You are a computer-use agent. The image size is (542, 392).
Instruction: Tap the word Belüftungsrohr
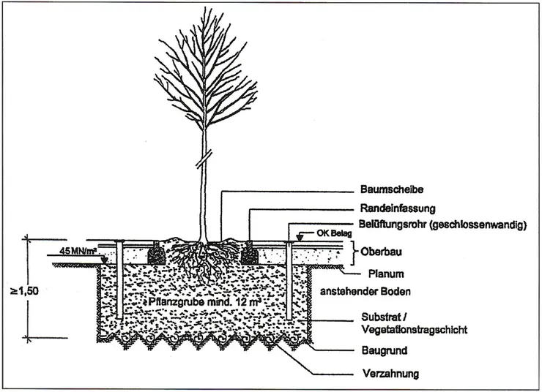coord(396,226)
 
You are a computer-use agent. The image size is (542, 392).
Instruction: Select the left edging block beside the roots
coord(157,255)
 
